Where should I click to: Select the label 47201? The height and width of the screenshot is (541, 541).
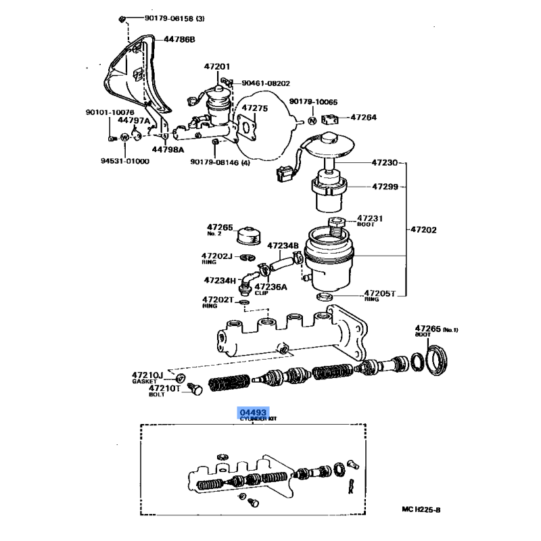pos(217,66)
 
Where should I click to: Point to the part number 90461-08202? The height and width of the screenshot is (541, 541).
pos(264,83)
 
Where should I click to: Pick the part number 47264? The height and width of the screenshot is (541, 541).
pos(364,117)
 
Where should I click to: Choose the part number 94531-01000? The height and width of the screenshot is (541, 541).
pos(126,161)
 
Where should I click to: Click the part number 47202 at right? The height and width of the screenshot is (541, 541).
pos(423,229)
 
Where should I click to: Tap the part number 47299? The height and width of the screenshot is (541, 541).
pos(386,186)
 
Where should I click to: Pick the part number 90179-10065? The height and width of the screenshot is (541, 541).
pos(313,101)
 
